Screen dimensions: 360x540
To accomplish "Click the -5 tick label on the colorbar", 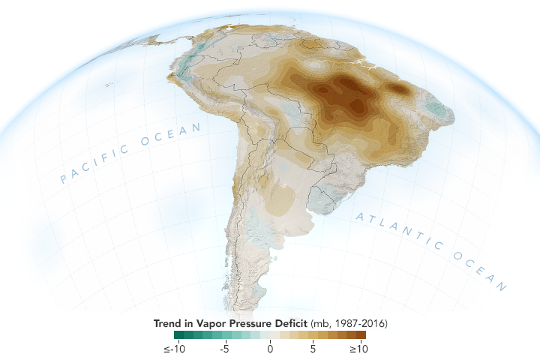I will click(223, 349).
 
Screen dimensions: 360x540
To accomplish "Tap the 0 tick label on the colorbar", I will click(270, 349).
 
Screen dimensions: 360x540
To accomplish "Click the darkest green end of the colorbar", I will click(178, 335).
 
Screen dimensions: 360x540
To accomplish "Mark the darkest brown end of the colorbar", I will click(361, 335).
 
